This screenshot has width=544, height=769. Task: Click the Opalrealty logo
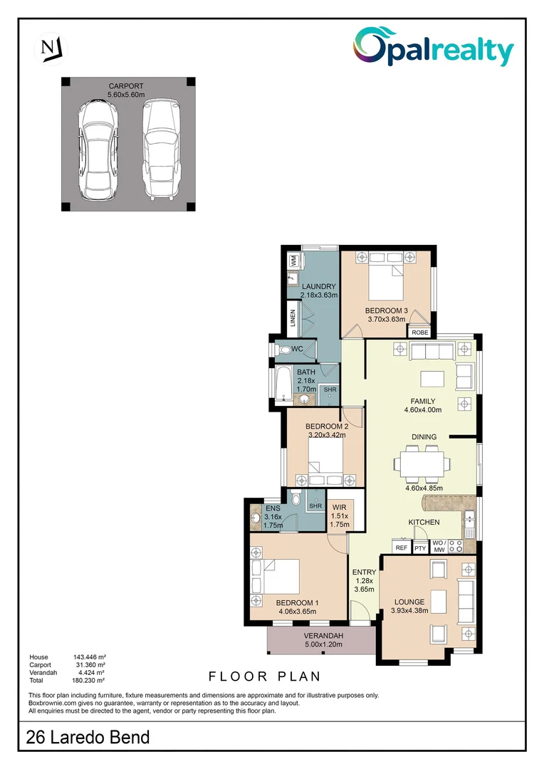[x=434, y=48]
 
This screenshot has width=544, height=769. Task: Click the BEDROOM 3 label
[x=386, y=310]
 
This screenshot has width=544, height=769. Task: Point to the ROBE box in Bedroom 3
[x=419, y=333]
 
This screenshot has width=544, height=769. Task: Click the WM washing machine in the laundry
[x=293, y=261]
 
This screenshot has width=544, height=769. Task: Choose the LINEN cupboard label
[x=293, y=318]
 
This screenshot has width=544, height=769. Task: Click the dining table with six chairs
[x=422, y=464]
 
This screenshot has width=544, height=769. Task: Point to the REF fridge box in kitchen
[x=402, y=548]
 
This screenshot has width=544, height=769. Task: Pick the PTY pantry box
[x=421, y=548]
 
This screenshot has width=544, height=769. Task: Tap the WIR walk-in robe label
[x=339, y=508]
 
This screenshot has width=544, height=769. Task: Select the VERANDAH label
[x=323, y=636]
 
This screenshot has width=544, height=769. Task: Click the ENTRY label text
[x=364, y=572]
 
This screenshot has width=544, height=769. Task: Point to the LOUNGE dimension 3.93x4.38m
[x=419, y=610]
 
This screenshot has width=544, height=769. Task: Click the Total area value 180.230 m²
[x=89, y=680]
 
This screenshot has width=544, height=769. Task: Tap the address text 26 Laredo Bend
[x=88, y=737]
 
